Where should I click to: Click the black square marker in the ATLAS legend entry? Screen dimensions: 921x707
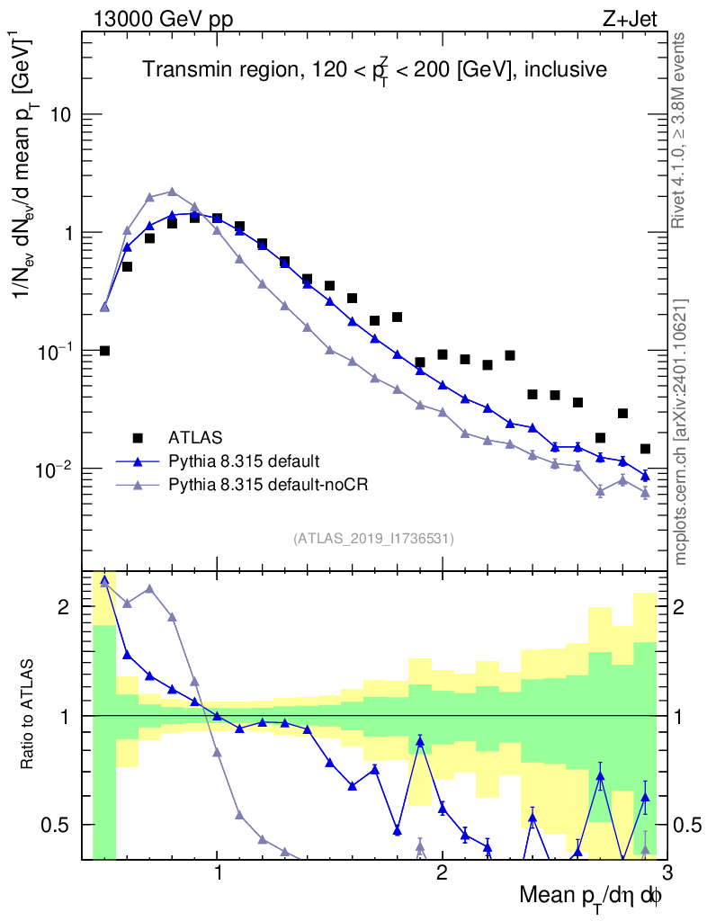[x=138, y=438]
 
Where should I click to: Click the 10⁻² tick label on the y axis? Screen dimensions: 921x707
[x=56, y=469]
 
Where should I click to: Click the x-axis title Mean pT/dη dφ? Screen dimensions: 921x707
[x=591, y=897]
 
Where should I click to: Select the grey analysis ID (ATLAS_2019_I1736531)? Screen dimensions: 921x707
[x=373, y=539]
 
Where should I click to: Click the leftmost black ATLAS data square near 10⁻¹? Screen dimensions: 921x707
[x=104, y=351]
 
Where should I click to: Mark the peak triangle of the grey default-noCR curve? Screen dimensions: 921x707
[x=172, y=192]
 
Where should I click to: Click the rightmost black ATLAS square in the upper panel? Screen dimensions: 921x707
[x=645, y=449]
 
